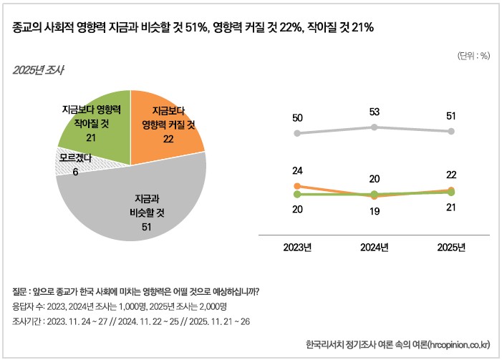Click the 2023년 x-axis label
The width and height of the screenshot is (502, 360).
click(x=297, y=248)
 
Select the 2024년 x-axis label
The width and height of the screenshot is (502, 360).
click(x=374, y=248)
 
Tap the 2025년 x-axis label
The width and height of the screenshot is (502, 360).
click(x=451, y=248)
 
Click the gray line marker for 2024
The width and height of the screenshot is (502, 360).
click(x=374, y=127)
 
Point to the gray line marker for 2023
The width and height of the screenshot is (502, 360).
click(x=297, y=133)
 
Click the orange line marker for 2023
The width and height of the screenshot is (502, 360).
click(x=297, y=186)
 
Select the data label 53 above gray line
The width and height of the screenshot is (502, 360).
click(x=374, y=112)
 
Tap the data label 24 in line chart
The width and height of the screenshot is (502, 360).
click(x=297, y=171)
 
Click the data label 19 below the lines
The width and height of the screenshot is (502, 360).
click(x=374, y=211)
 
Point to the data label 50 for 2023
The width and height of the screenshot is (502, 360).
click(x=297, y=117)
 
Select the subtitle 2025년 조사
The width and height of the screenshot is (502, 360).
click(x=38, y=70)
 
